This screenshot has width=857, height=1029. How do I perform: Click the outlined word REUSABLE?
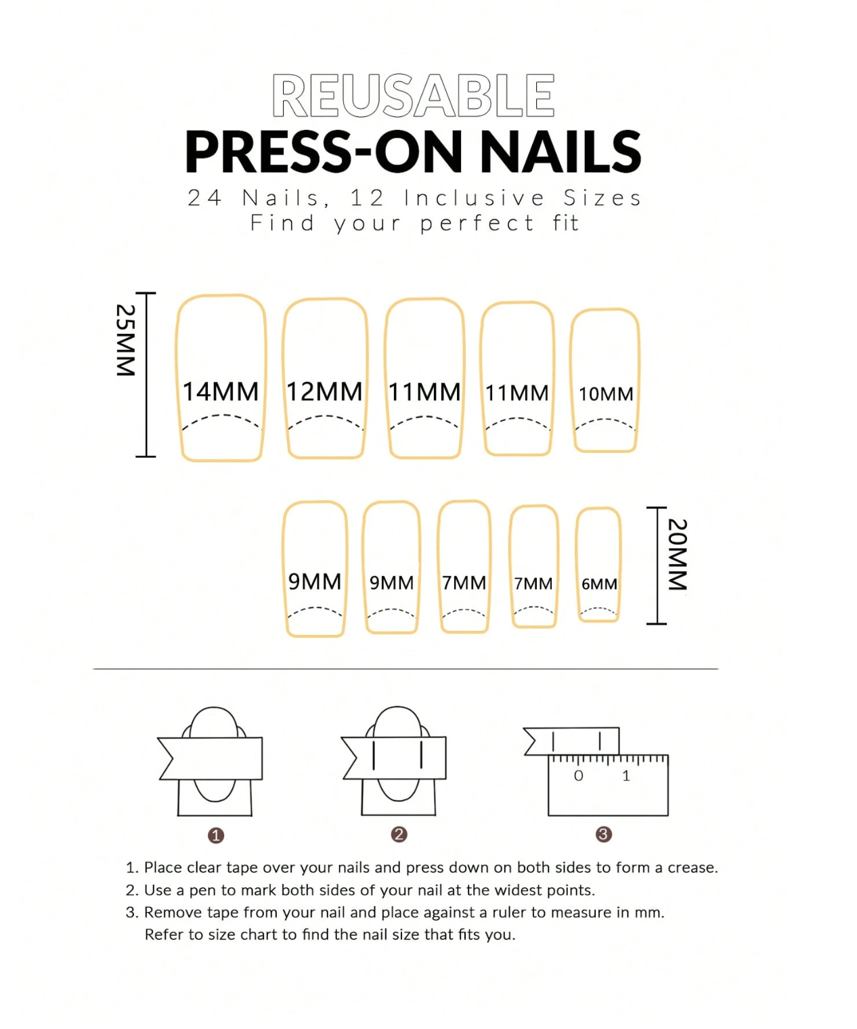(413, 96)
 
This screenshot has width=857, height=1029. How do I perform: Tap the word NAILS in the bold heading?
(561, 152)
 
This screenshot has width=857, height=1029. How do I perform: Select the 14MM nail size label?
(221, 391)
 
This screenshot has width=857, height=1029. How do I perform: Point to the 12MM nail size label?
(324, 391)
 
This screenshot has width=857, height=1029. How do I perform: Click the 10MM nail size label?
(606, 394)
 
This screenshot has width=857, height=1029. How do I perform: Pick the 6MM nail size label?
(599, 584)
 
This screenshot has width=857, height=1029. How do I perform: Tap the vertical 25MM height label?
(126, 340)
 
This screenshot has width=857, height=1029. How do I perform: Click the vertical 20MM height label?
(677, 554)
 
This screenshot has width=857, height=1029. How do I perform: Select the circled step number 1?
(215, 835)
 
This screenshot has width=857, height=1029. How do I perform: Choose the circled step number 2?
(399, 834)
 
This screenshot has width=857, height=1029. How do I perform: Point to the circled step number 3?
(603, 834)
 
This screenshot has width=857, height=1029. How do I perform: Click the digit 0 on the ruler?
(578, 776)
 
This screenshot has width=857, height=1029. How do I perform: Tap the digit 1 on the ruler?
(626, 776)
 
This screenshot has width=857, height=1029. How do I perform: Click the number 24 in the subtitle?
(204, 198)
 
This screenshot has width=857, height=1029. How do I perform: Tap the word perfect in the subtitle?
(477, 223)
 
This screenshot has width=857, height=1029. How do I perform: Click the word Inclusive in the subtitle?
(474, 198)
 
